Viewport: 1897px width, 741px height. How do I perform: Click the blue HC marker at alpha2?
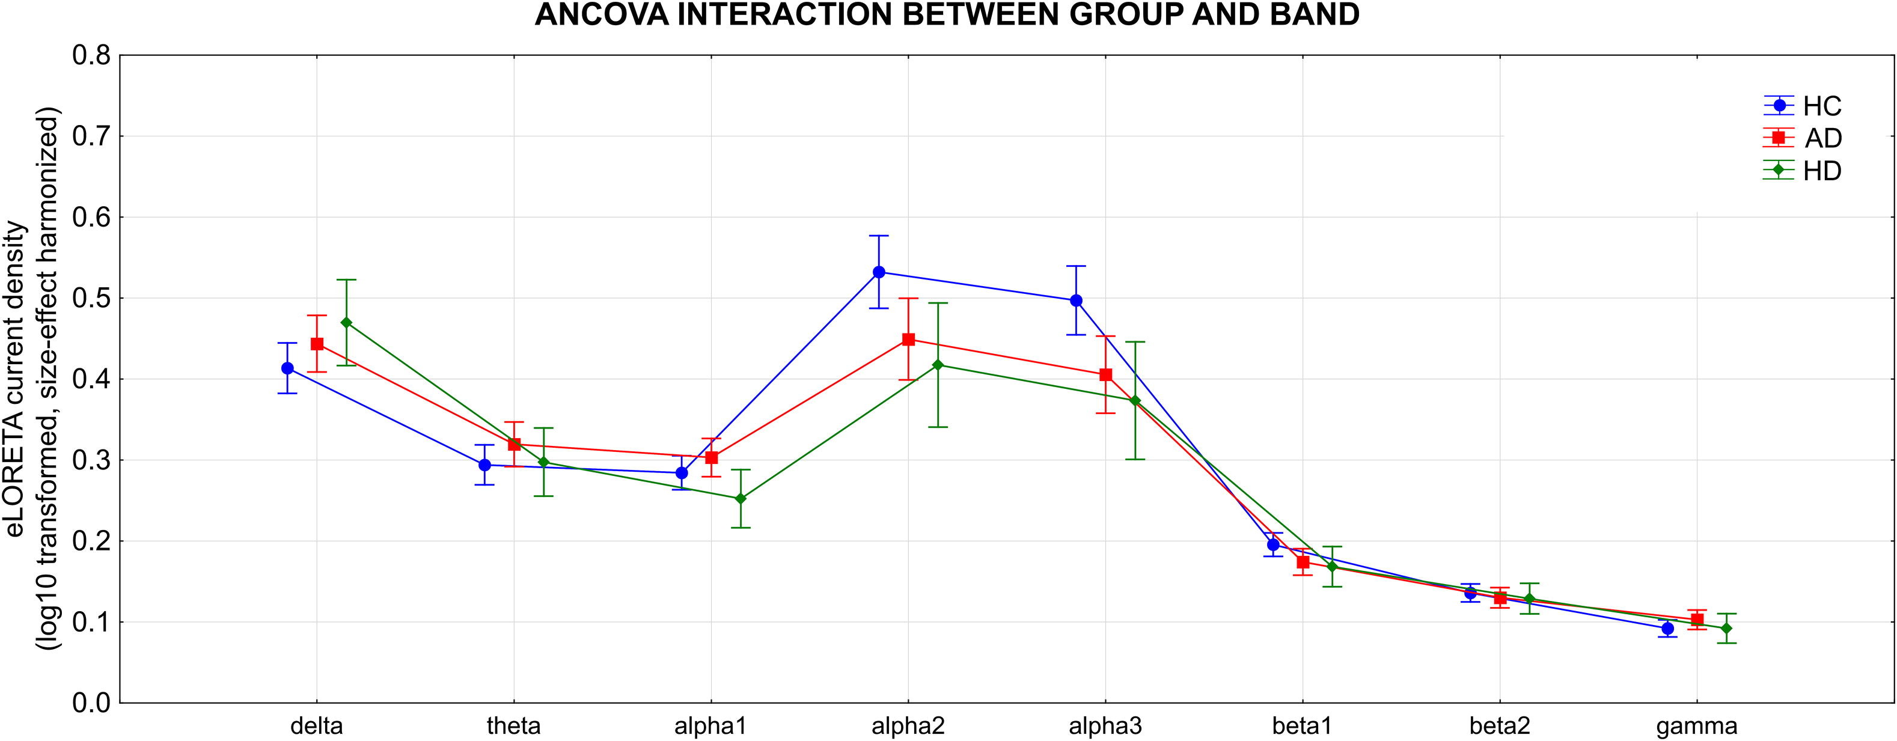click(879, 272)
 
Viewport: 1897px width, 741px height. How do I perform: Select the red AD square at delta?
click(317, 343)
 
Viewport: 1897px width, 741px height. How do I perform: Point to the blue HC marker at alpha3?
click(1076, 300)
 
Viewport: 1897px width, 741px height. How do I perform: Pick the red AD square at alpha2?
click(908, 340)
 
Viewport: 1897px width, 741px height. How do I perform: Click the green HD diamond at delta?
click(346, 323)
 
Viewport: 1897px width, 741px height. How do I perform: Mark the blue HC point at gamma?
click(1667, 628)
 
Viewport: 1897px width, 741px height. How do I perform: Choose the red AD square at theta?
click(514, 444)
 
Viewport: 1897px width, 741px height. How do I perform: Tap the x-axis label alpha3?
click(1105, 726)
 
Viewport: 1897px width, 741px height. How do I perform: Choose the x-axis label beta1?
click(1302, 726)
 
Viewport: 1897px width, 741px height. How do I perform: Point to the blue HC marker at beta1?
click(1273, 544)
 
